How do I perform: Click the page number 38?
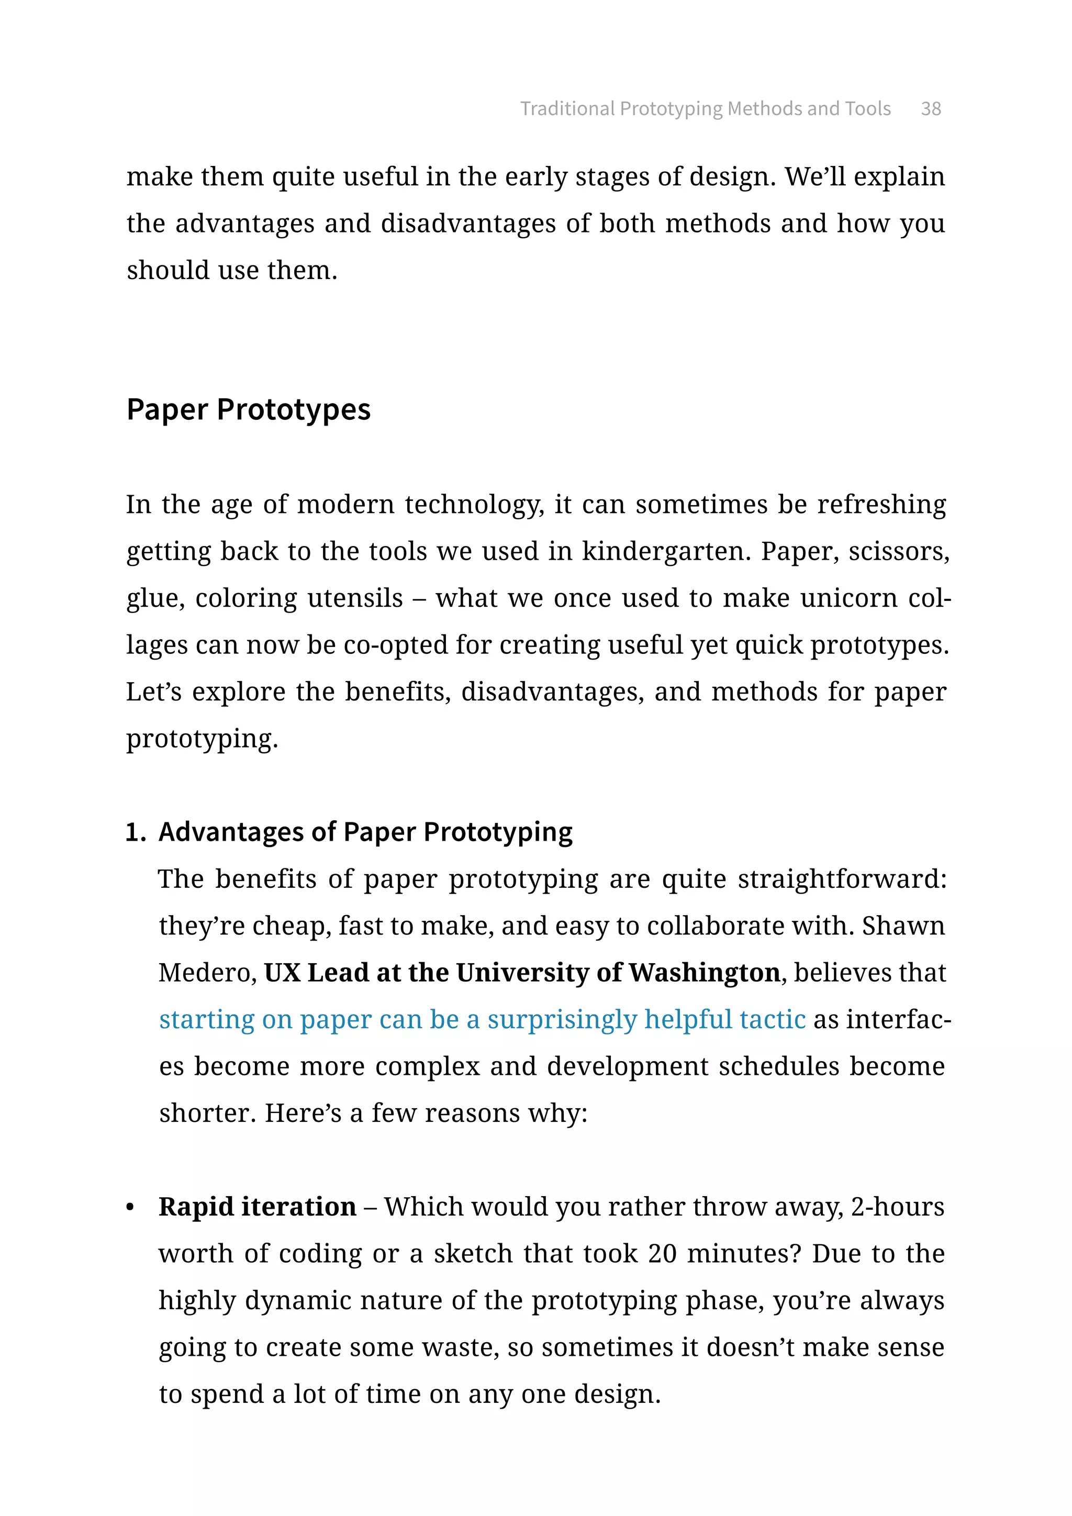[x=930, y=109]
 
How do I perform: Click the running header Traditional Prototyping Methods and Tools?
[x=705, y=109]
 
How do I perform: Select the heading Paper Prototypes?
[x=248, y=409]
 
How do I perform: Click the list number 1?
[x=135, y=833]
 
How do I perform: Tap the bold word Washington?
[x=703, y=973]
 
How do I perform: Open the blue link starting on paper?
[x=482, y=1019]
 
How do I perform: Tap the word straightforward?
[x=842, y=879]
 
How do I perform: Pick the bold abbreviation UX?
[x=283, y=973]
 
